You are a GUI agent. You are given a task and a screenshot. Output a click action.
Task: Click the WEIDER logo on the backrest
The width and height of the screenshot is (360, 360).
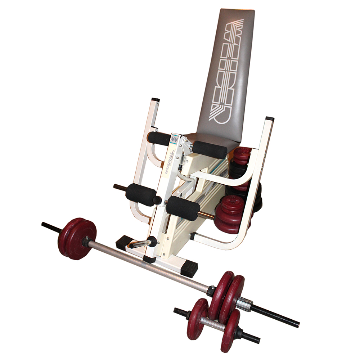point(230,70)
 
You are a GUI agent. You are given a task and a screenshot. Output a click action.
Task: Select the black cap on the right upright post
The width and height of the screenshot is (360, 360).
point(270,118)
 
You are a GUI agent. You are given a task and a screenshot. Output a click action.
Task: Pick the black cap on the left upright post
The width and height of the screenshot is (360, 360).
point(156,99)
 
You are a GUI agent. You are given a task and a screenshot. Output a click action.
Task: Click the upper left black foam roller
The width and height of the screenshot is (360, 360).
point(159,138)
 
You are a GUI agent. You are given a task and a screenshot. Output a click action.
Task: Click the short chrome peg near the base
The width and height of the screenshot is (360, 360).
point(140,244)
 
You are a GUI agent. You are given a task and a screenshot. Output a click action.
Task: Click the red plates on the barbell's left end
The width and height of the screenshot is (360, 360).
point(77,238)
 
